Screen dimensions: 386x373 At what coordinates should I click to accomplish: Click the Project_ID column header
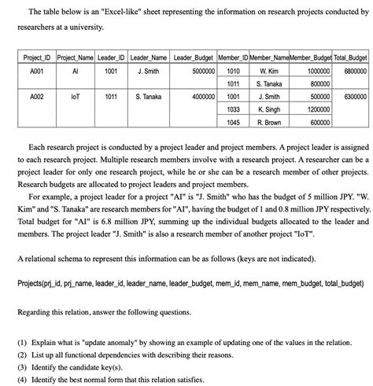36,58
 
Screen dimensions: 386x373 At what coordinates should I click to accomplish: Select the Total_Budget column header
350,58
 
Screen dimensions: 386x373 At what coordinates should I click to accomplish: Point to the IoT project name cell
75,97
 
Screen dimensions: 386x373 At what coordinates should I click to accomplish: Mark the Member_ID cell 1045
233,123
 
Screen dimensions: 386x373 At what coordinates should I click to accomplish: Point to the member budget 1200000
314,110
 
